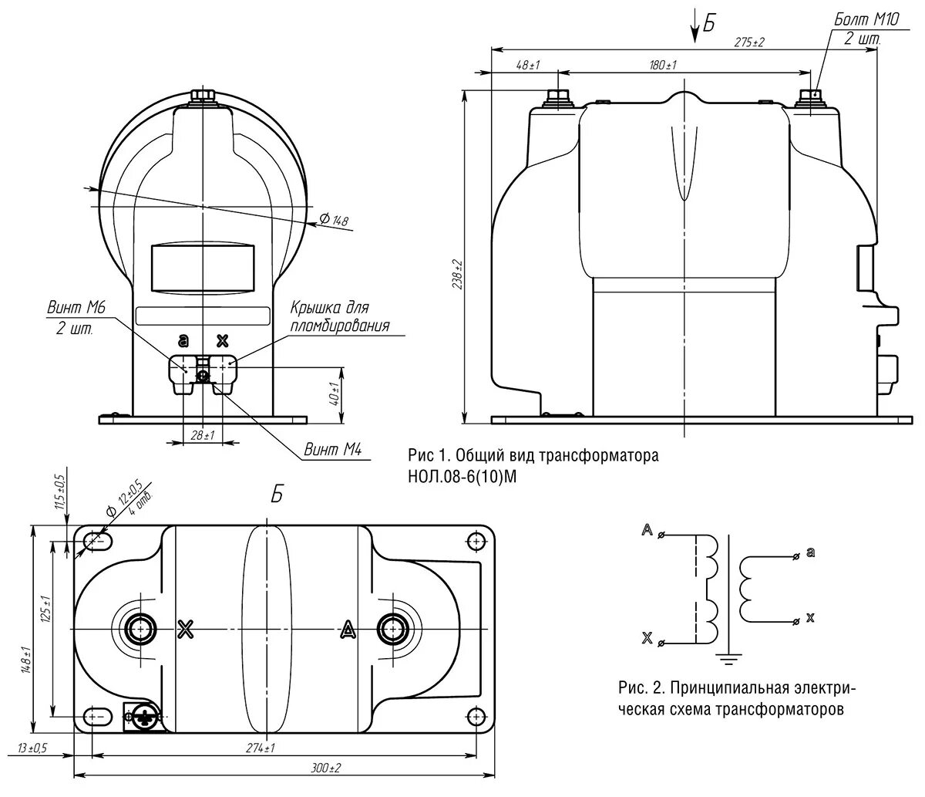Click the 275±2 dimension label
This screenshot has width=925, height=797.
748,42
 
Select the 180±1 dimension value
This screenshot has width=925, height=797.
662,66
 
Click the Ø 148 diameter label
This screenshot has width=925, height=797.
335,221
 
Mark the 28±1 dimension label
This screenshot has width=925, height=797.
202,436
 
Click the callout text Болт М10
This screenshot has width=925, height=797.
865,20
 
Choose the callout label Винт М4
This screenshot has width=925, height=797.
333,450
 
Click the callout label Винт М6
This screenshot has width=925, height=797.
75,309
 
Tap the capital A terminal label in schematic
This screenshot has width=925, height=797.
646,531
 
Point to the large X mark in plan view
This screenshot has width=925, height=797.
185,629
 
